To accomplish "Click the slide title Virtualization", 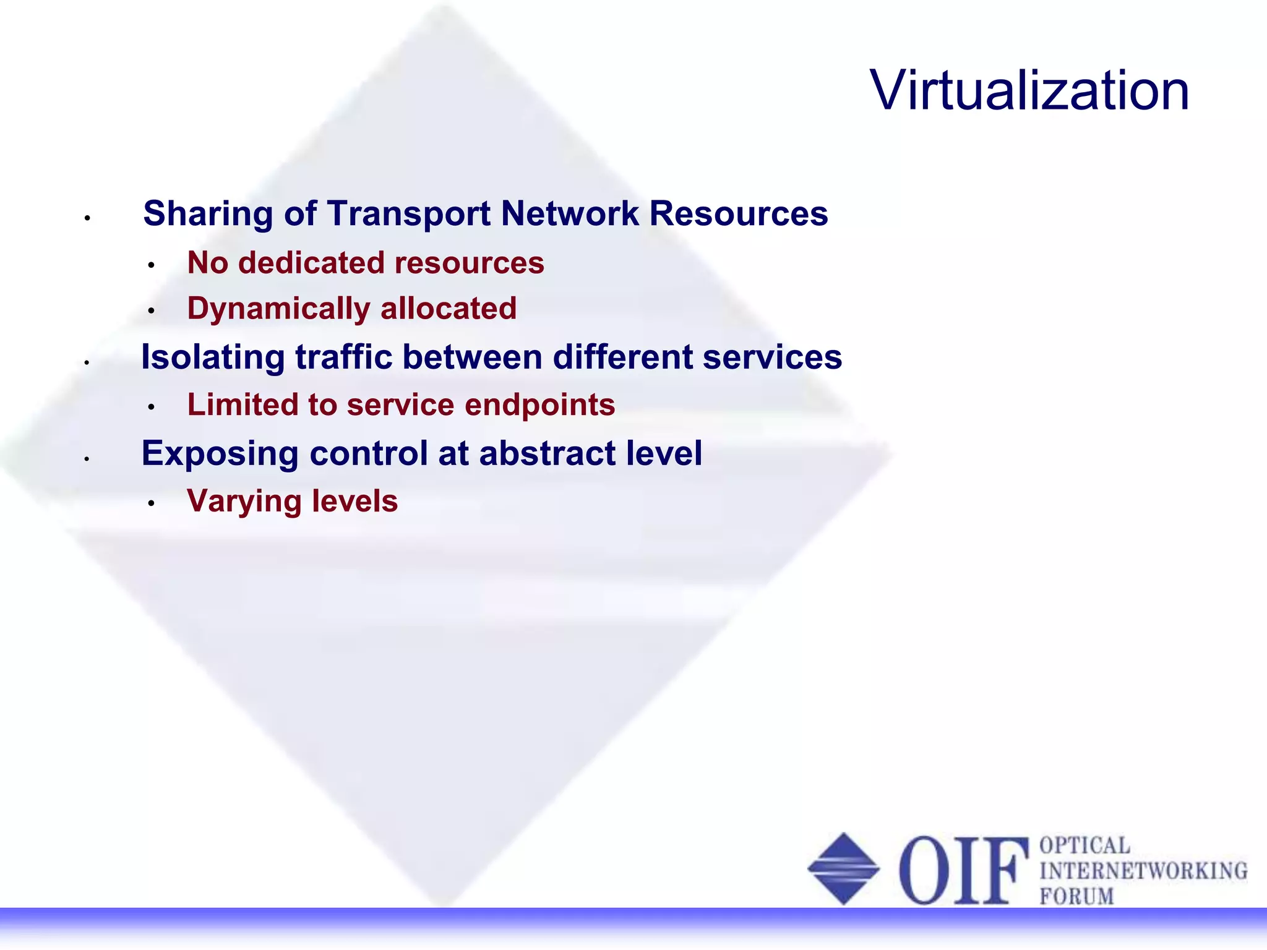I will pos(1029,91).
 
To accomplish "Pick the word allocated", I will pos(449,309).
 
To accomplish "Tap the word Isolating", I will pos(213,357).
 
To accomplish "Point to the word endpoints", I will pos(539,405).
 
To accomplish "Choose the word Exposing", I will pos(220,453).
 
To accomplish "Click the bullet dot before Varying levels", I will pos(151,503).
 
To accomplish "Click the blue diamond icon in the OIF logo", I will pos(844,868).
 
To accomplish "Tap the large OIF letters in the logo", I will pos(963,870).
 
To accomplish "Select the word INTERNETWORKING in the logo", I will pos(1143,871).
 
